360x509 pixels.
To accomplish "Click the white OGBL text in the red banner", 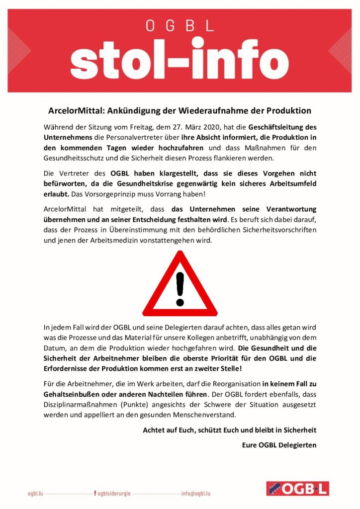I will coord(180,25).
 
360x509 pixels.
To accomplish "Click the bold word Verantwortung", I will coord(285,209).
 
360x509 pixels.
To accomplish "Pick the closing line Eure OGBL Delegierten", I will coord(279,445).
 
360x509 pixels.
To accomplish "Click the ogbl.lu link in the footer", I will coord(36,494).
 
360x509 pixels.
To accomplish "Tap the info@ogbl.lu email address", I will coord(195,494).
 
